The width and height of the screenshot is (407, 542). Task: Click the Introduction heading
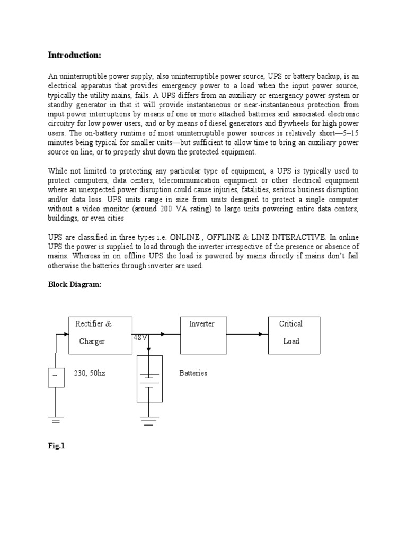(74, 55)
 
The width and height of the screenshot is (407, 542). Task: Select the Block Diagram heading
(74, 284)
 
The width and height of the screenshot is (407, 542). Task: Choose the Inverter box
(201, 335)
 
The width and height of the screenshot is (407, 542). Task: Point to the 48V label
(140, 337)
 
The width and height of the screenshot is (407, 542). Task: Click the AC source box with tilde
(56, 377)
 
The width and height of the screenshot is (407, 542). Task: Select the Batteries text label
(193, 373)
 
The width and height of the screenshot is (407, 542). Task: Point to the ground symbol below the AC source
(56, 421)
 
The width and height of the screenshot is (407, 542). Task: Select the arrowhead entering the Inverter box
(163, 334)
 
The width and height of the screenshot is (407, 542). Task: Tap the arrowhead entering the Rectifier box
(66, 334)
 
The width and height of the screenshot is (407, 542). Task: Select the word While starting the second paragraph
(59, 171)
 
